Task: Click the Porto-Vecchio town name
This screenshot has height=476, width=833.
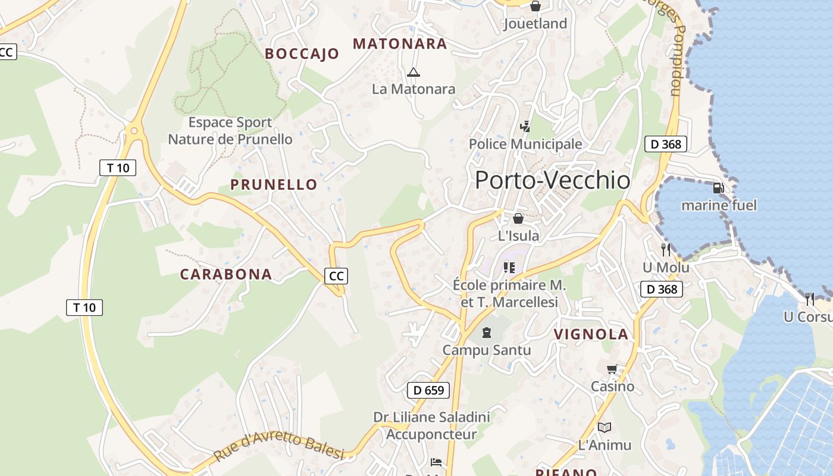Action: coord(552,180)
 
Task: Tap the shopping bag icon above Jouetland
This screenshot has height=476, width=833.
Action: coord(535,7)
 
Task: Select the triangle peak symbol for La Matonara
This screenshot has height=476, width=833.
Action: coord(413,73)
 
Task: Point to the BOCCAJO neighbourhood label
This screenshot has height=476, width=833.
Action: coord(302,54)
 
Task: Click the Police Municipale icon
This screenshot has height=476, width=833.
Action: coord(525,126)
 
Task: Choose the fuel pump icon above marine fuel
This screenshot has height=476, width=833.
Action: coord(719,188)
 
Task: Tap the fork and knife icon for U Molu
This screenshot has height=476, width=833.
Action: coord(665,250)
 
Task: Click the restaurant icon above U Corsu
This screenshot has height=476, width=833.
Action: coord(809,299)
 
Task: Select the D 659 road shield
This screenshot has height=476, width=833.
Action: coord(428,390)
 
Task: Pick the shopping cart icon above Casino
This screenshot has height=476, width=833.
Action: coord(612,369)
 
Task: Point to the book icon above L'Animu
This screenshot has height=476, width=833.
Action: coord(605,427)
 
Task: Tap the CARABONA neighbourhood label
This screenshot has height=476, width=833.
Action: coord(226,274)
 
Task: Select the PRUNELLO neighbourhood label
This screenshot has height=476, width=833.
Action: coord(274,184)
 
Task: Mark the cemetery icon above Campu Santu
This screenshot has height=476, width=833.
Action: coord(487,332)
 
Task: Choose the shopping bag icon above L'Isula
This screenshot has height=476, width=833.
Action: coord(518,218)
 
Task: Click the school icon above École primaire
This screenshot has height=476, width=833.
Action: coord(509,267)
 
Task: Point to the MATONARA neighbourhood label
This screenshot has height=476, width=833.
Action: coord(400,43)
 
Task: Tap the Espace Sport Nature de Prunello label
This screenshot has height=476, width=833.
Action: coord(230,131)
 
